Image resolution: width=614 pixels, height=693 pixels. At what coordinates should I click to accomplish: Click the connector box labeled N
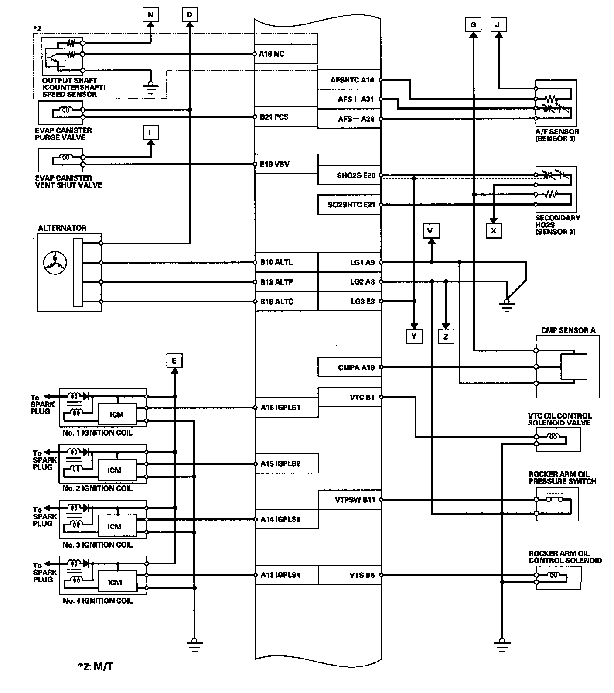(150, 15)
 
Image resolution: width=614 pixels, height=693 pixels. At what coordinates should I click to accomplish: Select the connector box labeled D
(189, 15)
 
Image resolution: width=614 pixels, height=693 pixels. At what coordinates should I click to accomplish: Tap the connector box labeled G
(473, 25)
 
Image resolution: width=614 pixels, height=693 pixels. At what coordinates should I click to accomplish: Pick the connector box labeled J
(498, 25)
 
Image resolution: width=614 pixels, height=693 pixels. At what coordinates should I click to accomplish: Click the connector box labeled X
(493, 230)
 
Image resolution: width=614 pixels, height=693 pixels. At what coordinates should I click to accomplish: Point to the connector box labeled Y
(414, 336)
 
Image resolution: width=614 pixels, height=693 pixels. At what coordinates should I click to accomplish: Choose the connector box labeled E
(174, 361)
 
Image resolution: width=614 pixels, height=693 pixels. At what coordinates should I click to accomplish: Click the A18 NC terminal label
(271, 54)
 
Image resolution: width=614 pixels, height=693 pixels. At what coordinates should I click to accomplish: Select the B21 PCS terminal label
(274, 117)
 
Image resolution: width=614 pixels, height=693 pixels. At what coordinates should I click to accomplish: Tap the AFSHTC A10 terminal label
(352, 80)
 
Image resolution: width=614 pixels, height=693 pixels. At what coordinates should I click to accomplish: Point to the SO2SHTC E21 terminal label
(351, 204)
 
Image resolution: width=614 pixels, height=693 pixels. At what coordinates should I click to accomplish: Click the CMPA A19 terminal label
(356, 367)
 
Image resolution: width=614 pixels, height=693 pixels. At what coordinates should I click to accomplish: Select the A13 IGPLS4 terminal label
(280, 575)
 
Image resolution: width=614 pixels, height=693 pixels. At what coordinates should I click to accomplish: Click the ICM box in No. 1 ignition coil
(117, 415)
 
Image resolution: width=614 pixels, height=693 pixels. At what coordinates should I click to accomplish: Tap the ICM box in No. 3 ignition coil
(115, 527)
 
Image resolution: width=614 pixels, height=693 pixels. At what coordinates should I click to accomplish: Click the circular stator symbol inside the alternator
(55, 263)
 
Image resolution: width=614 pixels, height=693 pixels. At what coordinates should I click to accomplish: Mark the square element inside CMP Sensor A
(573, 367)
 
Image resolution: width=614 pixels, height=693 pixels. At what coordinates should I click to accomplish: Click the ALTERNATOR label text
(62, 228)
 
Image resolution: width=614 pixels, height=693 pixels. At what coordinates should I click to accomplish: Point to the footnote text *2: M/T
(96, 666)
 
